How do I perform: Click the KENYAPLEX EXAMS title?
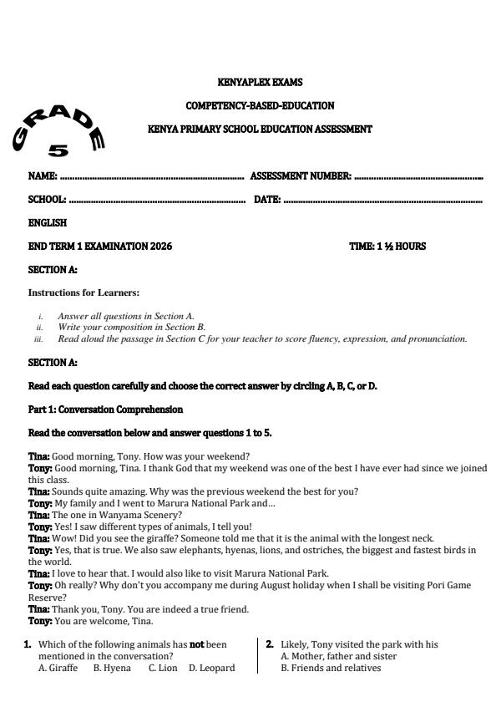[x=259, y=83]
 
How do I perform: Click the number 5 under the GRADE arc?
[x=58, y=151]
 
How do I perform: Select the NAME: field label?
[x=43, y=176]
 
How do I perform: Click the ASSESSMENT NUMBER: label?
[x=301, y=176]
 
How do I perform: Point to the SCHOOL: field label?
[x=48, y=200]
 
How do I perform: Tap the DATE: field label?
[x=266, y=200]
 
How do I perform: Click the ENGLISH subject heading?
[x=48, y=223]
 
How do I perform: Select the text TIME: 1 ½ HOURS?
[x=387, y=247]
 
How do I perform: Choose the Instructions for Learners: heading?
[x=84, y=292]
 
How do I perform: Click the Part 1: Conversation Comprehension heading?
[x=105, y=409]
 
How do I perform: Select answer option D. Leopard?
[x=211, y=668]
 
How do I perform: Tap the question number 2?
[x=270, y=644]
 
